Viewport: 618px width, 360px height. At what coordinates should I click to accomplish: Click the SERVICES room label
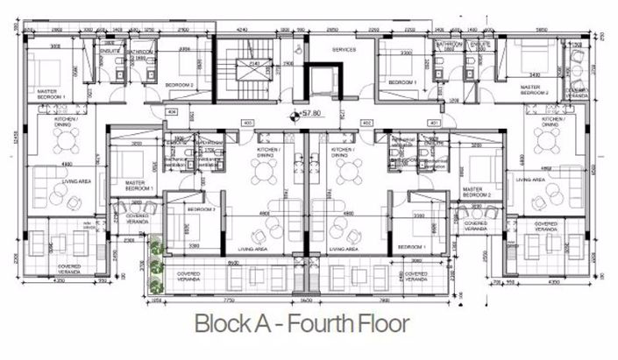[x=344, y=50]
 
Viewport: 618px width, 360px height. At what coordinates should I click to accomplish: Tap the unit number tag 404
[x=172, y=113]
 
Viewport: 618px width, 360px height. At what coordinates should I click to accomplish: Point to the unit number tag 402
[x=366, y=123]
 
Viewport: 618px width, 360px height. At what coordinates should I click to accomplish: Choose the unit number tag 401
[x=432, y=124]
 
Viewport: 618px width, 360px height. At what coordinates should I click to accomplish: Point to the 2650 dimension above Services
[x=333, y=29]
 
